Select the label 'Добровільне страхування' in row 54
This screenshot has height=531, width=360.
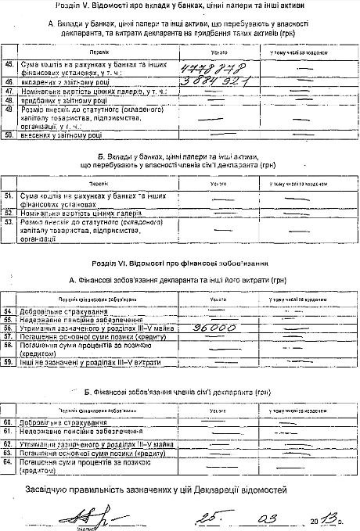click(x=49, y=310)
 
